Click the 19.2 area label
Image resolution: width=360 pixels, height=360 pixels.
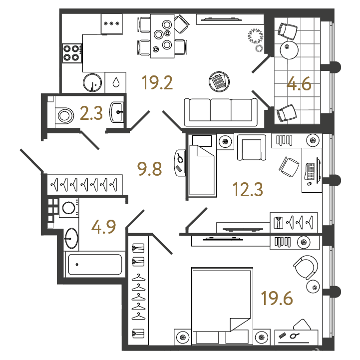click(x=157, y=83)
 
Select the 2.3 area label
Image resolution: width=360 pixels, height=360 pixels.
click(x=91, y=114)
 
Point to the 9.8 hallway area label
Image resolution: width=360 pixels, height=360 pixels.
click(x=149, y=169)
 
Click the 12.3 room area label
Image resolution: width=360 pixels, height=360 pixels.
click(x=248, y=189)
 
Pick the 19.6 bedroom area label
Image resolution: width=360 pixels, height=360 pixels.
click(x=277, y=298)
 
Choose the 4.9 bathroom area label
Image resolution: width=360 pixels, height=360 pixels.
click(x=103, y=227)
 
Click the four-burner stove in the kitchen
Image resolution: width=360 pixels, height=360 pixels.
click(x=72, y=53)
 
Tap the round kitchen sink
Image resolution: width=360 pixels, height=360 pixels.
click(x=92, y=82)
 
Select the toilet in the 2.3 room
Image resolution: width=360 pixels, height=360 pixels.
click(x=64, y=115)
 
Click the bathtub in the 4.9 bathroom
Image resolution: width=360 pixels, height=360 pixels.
click(x=95, y=265)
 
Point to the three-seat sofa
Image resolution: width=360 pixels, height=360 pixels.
click(x=221, y=112)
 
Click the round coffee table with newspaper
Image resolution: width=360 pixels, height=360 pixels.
click(x=219, y=82)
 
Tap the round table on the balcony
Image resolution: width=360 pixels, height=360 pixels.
click(x=289, y=50)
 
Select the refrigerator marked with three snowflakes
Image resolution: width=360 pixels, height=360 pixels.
click(x=111, y=24)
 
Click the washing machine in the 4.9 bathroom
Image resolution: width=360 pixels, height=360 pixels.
click(x=69, y=208)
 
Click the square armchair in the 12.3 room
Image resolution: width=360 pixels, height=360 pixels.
click(x=252, y=147)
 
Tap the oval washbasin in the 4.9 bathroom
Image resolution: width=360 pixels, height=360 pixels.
click(x=71, y=238)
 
